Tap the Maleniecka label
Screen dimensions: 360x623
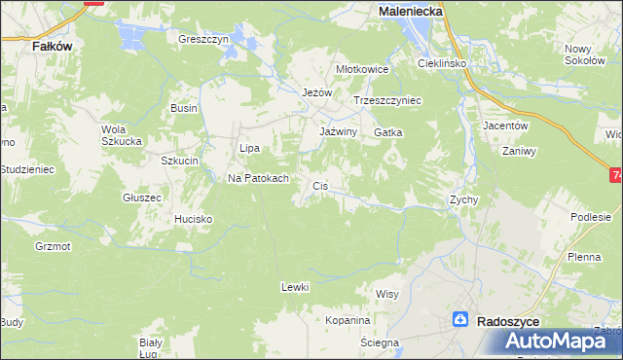coord(410,10)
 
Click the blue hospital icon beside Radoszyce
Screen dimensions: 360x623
coord(461,319)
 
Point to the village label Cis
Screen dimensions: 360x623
coord(319,185)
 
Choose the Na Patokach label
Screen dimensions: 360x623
coord(258,179)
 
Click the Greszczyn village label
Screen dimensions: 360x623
coord(202,40)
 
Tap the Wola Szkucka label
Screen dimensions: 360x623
coord(122,134)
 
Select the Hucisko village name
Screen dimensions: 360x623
coord(193,220)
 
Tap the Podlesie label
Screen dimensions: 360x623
coord(591,218)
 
